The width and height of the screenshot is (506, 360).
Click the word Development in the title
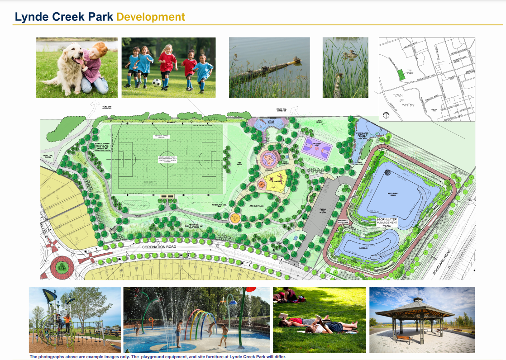coord(150,17)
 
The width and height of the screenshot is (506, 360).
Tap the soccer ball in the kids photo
coord(157,82)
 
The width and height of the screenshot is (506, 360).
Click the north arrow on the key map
coord(386,115)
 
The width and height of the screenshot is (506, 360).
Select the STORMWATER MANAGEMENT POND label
coord(387,221)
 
